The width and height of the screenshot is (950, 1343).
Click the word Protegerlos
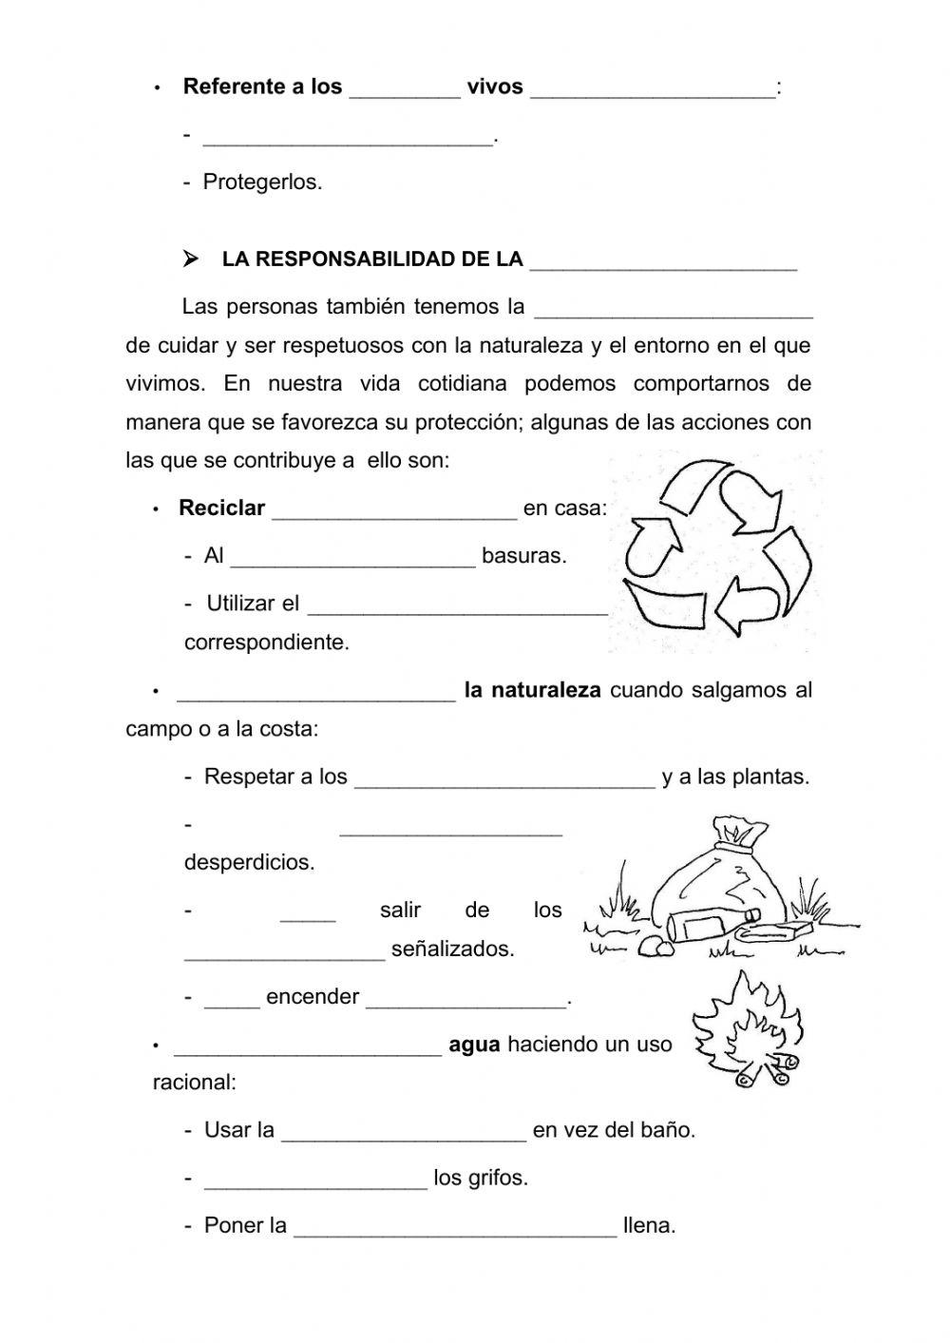coord(262,182)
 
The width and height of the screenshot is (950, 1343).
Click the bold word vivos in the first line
coord(495,87)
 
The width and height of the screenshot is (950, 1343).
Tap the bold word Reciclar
coord(221,508)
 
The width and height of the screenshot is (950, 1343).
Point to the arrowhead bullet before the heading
coord(191,259)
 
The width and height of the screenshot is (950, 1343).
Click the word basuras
coord(523,556)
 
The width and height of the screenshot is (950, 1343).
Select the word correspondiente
coord(267,643)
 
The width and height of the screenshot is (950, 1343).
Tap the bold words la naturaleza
coord(532,691)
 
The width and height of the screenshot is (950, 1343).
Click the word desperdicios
coord(249,863)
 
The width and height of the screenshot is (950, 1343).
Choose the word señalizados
coord(452,950)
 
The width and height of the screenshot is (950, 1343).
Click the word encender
coord(313,997)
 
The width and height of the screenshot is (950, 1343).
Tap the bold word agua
coord(474,1045)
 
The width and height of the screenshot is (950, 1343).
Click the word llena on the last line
coord(649,1226)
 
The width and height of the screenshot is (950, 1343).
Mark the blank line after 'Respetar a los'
coord(504,783)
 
